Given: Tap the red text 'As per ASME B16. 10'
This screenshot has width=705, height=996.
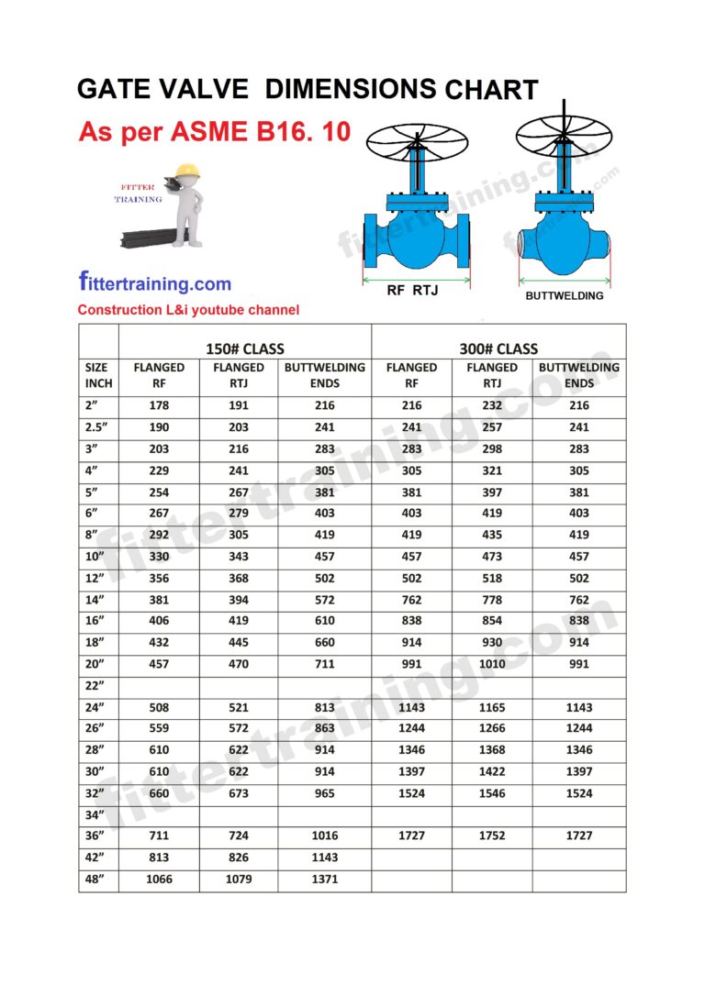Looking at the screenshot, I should (x=214, y=131).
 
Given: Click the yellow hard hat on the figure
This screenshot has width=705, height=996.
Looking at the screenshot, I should (x=187, y=170).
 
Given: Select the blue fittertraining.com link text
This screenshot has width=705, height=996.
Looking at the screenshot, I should (x=154, y=283).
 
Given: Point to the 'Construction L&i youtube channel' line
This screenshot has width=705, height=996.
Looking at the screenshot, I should (x=188, y=310).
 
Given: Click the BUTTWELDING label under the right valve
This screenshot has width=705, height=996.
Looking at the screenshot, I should (x=564, y=295).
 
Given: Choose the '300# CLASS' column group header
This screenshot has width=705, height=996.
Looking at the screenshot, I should (x=498, y=349).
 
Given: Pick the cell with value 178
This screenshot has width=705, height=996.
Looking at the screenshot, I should (x=159, y=405).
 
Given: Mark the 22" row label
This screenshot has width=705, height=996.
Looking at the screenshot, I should (x=95, y=686).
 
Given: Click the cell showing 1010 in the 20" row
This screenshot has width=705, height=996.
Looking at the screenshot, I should (x=491, y=664).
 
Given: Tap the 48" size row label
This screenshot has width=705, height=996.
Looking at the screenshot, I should (x=95, y=880).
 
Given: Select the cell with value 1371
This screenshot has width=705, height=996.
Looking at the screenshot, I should (x=324, y=880).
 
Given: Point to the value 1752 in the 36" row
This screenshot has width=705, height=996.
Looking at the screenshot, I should (x=491, y=836).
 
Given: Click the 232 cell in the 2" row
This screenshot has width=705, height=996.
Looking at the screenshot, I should (x=491, y=405).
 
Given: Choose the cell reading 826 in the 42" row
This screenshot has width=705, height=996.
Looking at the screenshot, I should (x=239, y=858).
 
